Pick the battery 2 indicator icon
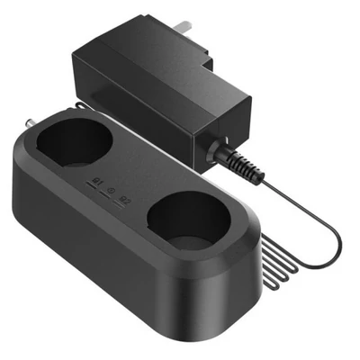pyautogui.click(x=127, y=200)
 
